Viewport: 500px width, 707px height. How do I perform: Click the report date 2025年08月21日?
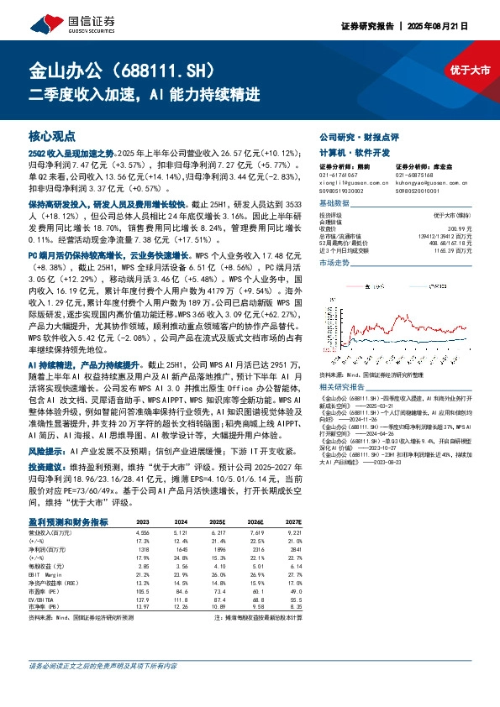465,26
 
